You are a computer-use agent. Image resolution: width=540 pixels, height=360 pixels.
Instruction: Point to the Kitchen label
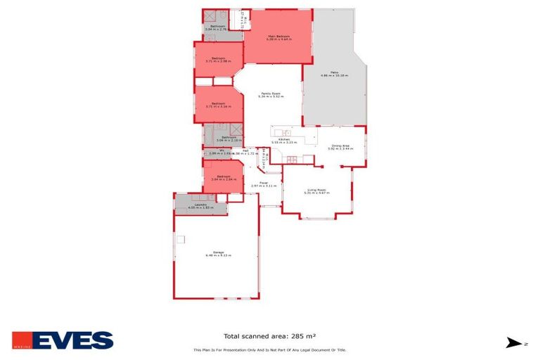(x=284, y=140)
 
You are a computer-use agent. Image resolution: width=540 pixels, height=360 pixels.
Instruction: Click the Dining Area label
(x=340, y=146)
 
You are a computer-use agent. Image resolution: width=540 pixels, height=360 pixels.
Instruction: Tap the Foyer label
(x=264, y=183)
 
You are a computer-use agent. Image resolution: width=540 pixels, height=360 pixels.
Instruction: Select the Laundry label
(x=200, y=205)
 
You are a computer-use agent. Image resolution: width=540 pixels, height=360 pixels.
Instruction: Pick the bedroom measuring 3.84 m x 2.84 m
(x=224, y=176)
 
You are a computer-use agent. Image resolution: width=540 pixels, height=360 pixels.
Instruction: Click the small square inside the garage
(x=180, y=239)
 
